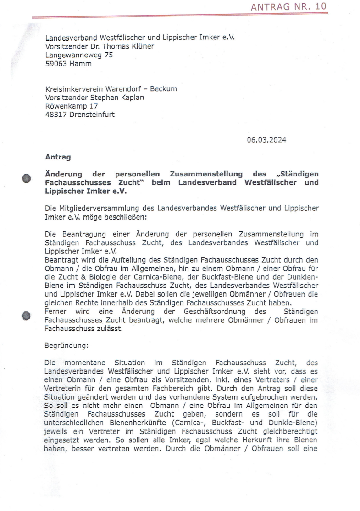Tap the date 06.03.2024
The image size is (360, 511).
(266, 140)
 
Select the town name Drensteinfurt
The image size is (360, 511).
(92, 115)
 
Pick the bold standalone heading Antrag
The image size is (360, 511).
(58, 157)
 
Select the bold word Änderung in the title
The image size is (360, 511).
(63, 174)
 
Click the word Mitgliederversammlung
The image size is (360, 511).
(101, 208)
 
